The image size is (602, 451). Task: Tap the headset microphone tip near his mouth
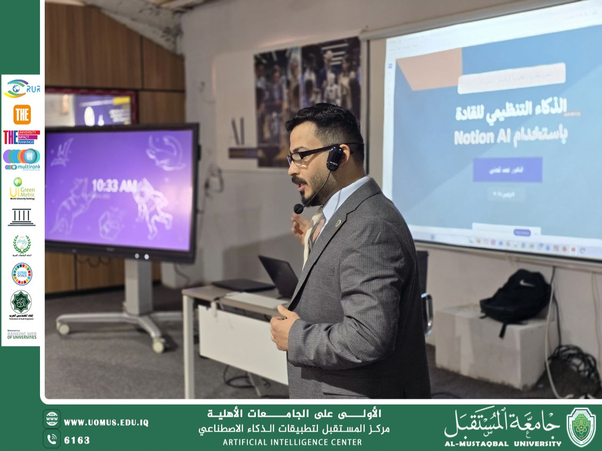[298, 208]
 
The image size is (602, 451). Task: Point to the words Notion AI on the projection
[479, 137]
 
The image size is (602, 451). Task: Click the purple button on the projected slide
[507, 170]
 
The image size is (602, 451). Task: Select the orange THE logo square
[22, 115]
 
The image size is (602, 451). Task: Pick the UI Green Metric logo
[22, 188]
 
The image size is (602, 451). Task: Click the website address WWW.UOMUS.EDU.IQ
[106, 422]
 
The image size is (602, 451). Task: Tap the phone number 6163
[77, 440]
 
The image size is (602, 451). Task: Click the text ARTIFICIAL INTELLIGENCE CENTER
[292, 442]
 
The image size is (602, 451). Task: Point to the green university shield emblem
[581, 426]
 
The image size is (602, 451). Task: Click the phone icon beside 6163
[52, 439]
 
